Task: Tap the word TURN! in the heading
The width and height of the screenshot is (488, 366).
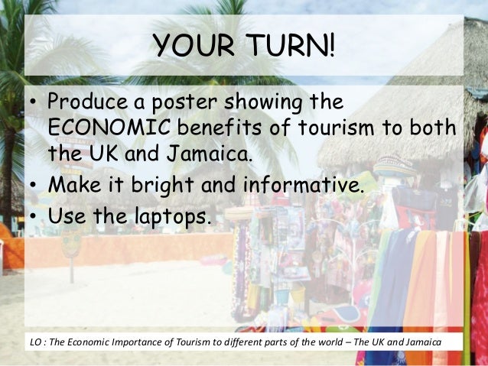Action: [x=288, y=47]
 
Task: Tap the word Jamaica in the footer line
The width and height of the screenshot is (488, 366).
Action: [x=422, y=340]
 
